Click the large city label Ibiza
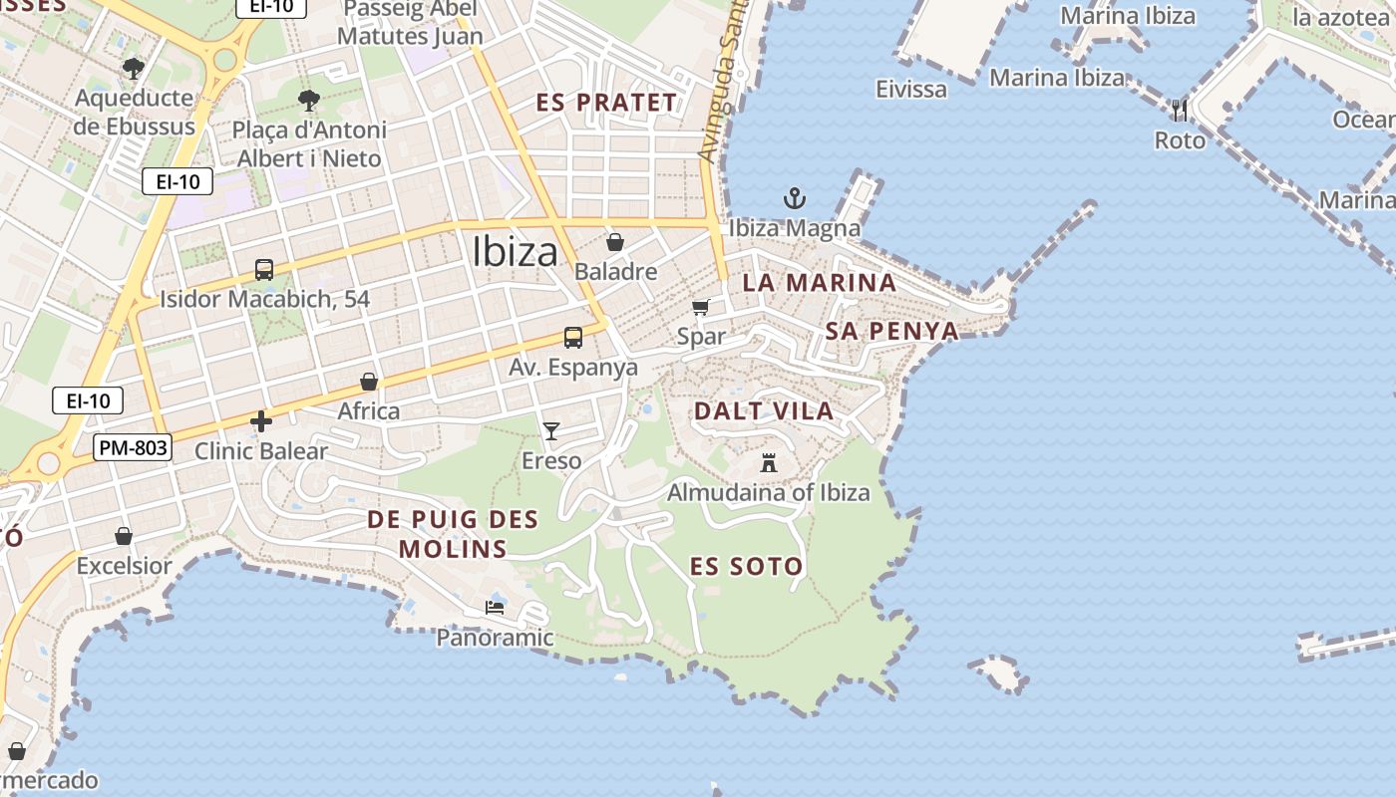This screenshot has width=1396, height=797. (515, 250)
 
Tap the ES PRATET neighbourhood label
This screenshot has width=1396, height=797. (606, 103)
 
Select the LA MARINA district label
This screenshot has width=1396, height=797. (819, 282)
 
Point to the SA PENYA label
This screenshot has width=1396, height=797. (892, 331)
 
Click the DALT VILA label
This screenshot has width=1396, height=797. (764, 410)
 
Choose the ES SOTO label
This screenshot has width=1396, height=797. (746, 567)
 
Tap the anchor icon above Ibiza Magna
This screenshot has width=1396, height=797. (794, 197)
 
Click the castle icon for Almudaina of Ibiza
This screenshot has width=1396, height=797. (768, 462)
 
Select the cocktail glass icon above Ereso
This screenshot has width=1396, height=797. (550, 430)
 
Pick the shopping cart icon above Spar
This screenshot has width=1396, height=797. (701, 307)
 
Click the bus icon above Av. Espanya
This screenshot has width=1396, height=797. (573, 338)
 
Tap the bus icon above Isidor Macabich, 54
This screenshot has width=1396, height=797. (264, 269)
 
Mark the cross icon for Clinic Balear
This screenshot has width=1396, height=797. (261, 421)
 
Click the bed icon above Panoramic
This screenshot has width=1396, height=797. (495, 607)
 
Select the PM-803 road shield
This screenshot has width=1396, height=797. (133, 447)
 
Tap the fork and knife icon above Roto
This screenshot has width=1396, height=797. (1180, 110)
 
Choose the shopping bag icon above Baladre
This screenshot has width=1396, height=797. (615, 242)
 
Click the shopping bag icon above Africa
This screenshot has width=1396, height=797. (369, 382)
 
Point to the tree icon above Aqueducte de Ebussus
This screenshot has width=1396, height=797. (134, 68)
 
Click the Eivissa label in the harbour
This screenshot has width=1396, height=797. (911, 89)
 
